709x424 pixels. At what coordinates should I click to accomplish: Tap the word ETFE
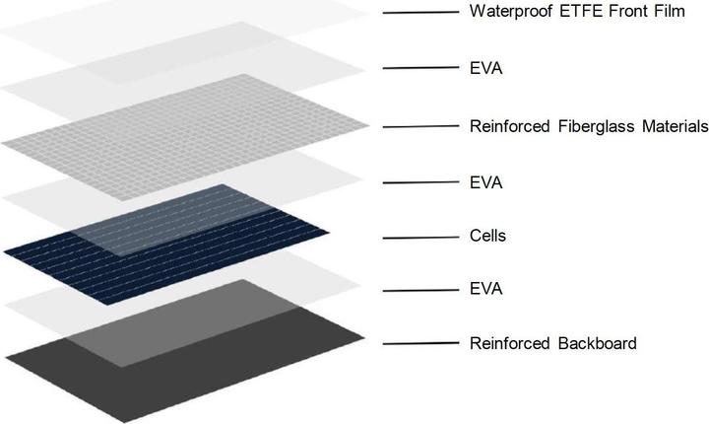coord(573,13)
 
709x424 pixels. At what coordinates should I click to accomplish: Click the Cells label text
coord(487,238)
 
